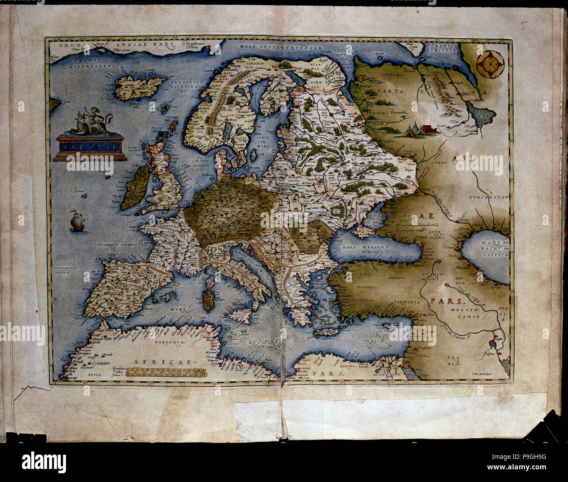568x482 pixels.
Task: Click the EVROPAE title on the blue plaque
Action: [x=90, y=147]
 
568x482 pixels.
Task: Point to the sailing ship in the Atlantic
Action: [x=77, y=221]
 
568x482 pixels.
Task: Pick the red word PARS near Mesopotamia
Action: [x=443, y=301]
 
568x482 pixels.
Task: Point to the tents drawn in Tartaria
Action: [x=416, y=129]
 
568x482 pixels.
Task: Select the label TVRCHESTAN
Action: [x=489, y=197]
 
